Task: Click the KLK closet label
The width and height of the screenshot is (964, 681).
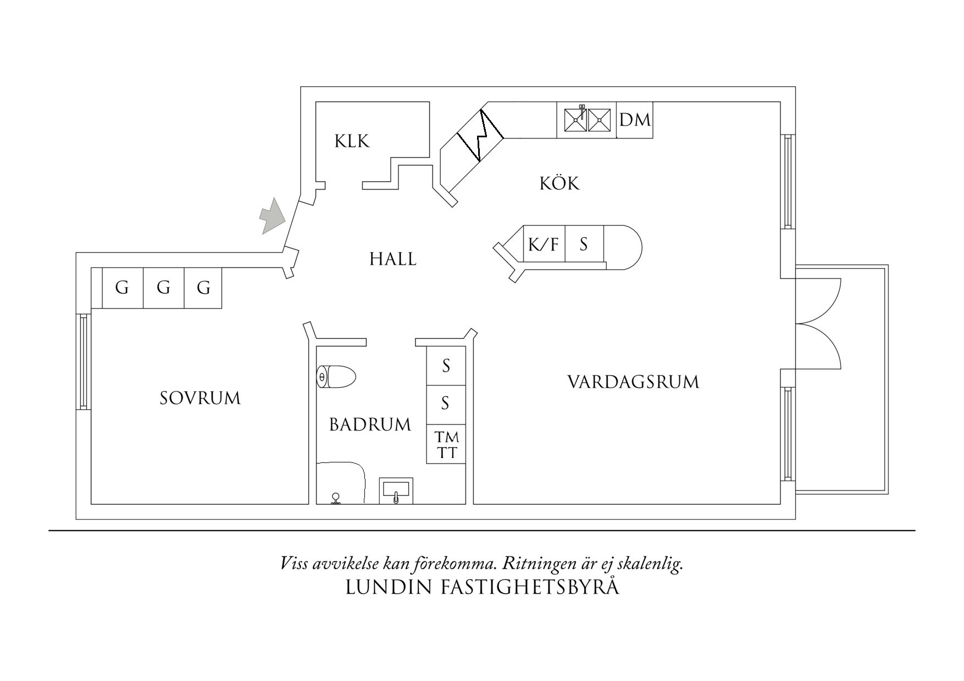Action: (x=352, y=142)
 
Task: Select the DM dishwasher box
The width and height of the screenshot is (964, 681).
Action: (x=635, y=120)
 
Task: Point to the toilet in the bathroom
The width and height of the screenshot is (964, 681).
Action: (x=336, y=377)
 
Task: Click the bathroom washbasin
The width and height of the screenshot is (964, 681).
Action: (x=395, y=490)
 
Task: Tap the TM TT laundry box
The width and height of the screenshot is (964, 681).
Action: (x=446, y=445)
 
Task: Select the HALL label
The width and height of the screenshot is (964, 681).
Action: (x=392, y=259)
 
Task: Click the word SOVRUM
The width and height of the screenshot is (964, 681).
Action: (x=200, y=398)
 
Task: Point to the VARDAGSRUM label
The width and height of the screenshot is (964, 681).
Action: (x=633, y=382)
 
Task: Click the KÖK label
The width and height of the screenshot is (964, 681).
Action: (x=559, y=183)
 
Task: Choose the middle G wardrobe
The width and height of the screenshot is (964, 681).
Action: (x=163, y=287)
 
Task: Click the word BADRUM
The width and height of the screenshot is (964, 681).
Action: (x=370, y=425)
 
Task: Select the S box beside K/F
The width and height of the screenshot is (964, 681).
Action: (x=584, y=244)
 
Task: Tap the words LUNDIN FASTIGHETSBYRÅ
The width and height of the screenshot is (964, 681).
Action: (x=482, y=587)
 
